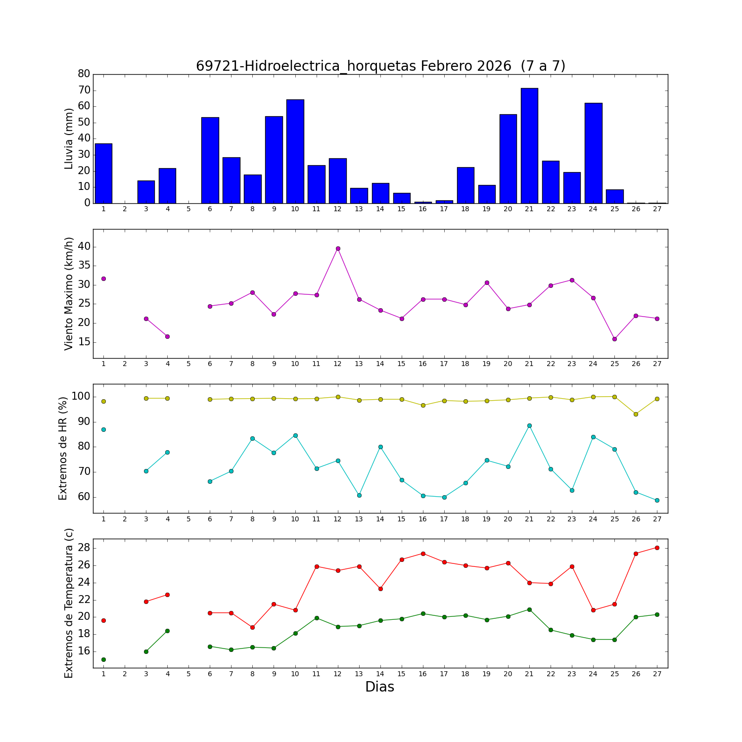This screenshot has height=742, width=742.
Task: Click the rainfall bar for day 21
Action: (x=529, y=146)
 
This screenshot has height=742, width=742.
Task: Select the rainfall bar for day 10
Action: (x=295, y=151)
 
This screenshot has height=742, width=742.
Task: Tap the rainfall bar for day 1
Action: (x=103, y=173)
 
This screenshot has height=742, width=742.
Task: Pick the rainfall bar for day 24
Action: (x=593, y=153)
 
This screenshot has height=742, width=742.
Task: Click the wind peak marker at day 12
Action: (x=338, y=248)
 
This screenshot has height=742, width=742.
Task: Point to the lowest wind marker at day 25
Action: (x=614, y=339)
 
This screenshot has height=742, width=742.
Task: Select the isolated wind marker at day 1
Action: (x=103, y=278)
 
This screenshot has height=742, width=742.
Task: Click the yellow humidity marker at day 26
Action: (x=636, y=414)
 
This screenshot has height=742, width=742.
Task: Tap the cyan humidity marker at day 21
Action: (x=529, y=425)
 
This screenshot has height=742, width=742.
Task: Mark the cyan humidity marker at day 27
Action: (x=657, y=500)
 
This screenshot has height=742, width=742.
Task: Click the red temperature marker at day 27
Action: (x=657, y=548)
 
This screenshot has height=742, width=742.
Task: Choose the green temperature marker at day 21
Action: (x=529, y=609)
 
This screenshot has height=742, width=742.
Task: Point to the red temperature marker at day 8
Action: (x=252, y=627)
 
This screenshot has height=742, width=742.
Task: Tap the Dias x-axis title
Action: (x=379, y=687)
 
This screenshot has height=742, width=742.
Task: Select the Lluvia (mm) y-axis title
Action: (x=69, y=139)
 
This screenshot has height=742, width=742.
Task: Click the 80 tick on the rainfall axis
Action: (x=84, y=74)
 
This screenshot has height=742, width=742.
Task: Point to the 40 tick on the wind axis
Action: (x=84, y=246)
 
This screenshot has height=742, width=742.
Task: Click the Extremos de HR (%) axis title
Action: (x=63, y=448)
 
